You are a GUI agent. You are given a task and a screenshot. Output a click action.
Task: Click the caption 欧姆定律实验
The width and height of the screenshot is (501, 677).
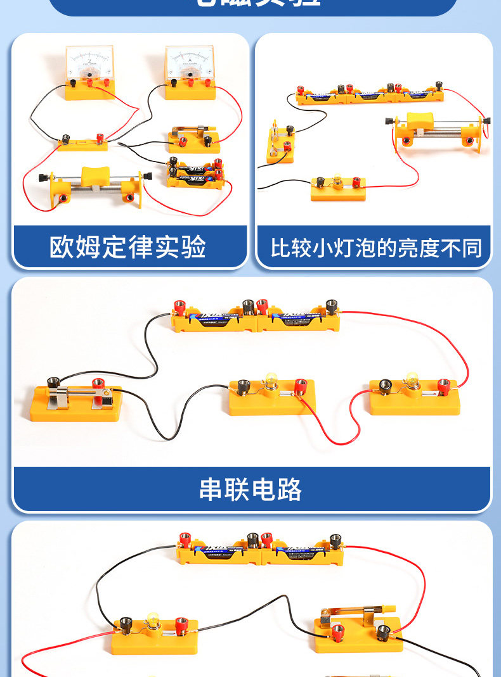128,246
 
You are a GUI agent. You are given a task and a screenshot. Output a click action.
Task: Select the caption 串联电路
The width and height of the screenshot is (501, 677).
251,490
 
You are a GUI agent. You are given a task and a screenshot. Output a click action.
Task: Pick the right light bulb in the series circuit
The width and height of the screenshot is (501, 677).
412,381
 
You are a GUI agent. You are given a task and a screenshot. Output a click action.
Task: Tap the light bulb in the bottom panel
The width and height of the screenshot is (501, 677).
152,619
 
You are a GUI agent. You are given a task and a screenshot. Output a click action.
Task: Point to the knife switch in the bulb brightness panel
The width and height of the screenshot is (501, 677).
280,142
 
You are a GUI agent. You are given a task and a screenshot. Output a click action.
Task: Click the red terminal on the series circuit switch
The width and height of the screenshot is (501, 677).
98,384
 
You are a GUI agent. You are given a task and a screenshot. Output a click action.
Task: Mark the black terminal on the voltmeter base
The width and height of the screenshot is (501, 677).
74,84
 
